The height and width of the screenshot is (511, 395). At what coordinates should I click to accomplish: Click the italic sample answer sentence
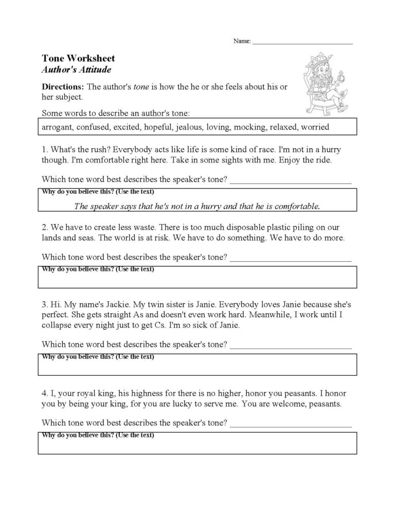tap(197, 207)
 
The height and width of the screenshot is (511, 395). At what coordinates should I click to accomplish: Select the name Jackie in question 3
tap(109, 303)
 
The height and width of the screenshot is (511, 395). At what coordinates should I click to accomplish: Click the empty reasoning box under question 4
tap(197, 445)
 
